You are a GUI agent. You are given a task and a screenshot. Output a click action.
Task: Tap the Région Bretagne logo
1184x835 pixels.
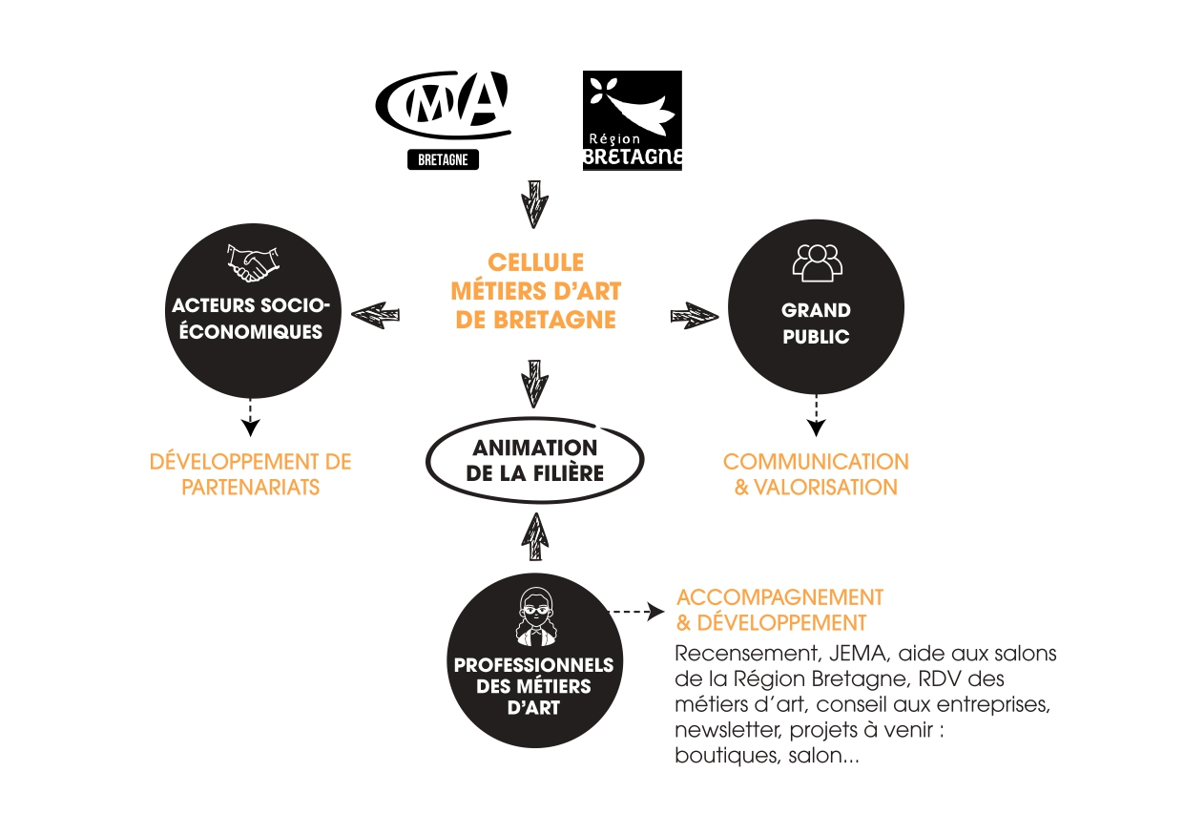(632, 120)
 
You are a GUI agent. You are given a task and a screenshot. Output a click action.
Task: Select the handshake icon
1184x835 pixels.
(252, 262)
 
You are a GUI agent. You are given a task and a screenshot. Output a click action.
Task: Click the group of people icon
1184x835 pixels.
(816, 262)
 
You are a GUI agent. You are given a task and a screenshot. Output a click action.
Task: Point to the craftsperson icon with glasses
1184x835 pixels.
(534, 616)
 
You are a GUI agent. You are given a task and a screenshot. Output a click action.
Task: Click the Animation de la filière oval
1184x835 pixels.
(534, 461)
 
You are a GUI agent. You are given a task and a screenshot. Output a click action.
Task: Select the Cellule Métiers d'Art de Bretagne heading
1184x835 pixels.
(535, 291)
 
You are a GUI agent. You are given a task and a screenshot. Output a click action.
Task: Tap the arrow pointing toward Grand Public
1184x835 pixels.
(695, 315)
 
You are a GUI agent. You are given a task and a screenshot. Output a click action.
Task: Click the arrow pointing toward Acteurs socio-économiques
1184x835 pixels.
(376, 314)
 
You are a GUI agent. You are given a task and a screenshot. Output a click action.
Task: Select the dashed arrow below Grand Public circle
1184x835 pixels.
(816, 415)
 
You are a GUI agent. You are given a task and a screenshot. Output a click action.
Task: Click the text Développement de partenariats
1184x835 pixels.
(250, 474)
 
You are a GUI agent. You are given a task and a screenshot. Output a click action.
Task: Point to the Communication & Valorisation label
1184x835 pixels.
(816, 474)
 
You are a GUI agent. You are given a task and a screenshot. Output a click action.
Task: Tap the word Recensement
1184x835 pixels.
(731, 655)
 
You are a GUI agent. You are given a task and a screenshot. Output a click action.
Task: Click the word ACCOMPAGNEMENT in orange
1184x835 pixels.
(779, 597)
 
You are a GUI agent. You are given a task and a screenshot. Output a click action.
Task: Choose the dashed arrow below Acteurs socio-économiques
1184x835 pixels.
(250, 417)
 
